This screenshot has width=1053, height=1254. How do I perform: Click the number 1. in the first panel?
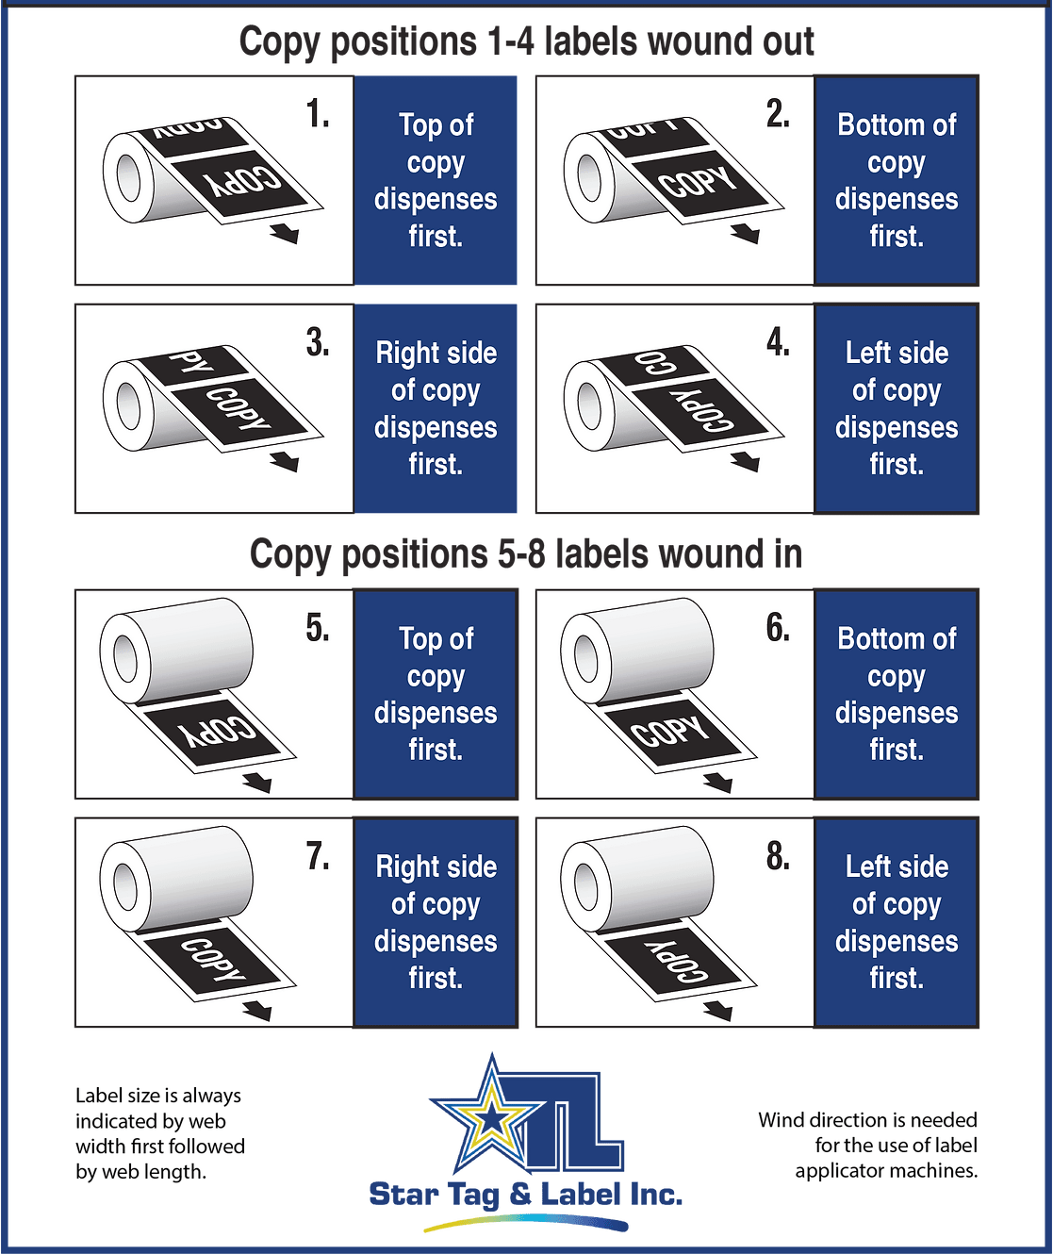[x=318, y=114]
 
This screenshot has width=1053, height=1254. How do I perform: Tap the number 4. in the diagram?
[x=778, y=342]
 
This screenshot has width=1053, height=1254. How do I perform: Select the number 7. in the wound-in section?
[x=318, y=856]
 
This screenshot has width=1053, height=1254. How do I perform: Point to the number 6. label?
[x=778, y=628]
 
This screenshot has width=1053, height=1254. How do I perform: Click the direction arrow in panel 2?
[x=745, y=232]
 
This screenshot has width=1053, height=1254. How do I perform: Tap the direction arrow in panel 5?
[x=257, y=783]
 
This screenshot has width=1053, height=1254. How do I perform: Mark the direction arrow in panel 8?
[x=718, y=1011]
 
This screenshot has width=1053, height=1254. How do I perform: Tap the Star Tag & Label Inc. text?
[x=525, y=1195]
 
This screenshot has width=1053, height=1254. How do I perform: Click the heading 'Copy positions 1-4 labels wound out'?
[x=526, y=42]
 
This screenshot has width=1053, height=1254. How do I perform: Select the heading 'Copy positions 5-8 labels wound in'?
[x=526, y=554]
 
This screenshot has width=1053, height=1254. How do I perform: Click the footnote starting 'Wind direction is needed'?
[x=867, y=1145]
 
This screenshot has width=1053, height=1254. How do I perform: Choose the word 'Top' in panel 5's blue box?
[x=420, y=639]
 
